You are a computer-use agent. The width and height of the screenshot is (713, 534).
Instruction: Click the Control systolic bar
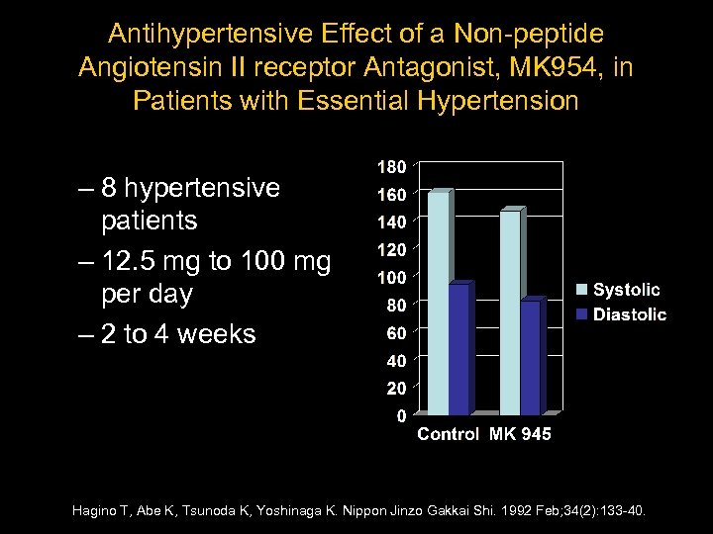(437, 302)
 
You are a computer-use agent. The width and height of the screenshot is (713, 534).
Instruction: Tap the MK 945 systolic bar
(511, 311)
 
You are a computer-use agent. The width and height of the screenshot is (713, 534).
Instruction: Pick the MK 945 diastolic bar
(532, 356)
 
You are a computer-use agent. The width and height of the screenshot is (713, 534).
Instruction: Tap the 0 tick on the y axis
(401, 416)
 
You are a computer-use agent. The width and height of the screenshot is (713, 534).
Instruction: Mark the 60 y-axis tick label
(395, 332)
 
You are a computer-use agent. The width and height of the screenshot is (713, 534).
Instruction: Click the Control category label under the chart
(448, 434)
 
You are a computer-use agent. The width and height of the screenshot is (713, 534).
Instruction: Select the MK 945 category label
(520, 434)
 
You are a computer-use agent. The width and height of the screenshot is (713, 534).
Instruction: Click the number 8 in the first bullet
(111, 188)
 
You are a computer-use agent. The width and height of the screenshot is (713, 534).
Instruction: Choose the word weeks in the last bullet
(212, 334)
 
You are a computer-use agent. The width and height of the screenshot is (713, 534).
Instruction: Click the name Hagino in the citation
(95, 511)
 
